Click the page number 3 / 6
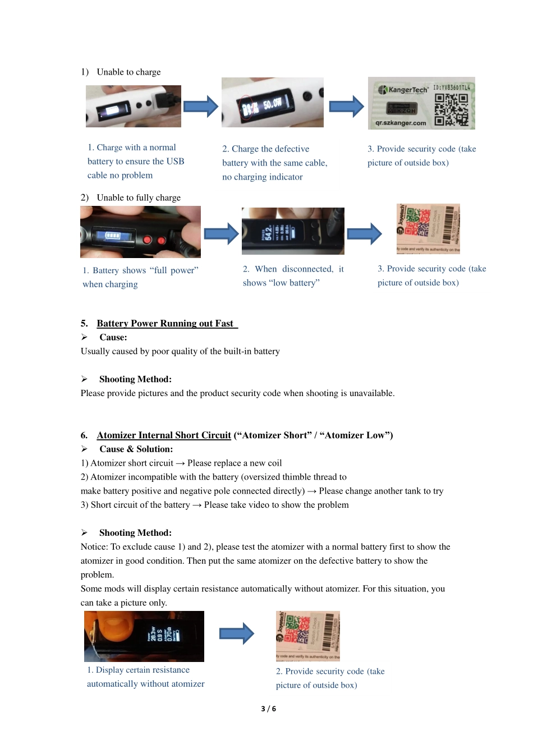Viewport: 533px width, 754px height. pyautogui.click(x=268, y=709)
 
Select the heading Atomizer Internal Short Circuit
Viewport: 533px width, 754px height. pyautogui.click(x=164, y=435)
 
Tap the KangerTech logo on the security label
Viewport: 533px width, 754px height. pyautogui.click(x=403, y=90)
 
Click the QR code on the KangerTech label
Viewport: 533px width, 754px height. pyautogui.click(x=451, y=109)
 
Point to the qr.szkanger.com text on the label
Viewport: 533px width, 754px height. pyautogui.click(x=401, y=123)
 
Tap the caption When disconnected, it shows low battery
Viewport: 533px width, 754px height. pyautogui.click(x=293, y=276)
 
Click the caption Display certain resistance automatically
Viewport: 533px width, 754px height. pyautogui.click(x=145, y=677)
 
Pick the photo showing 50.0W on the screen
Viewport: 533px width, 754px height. pyautogui.click(x=273, y=103)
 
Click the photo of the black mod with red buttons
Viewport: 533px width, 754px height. pyautogui.click(x=140, y=232)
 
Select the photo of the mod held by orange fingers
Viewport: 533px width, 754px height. pyautogui.click(x=144, y=636)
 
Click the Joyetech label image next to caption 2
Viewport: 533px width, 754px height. pyautogui.click(x=308, y=636)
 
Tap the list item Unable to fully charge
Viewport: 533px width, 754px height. pyautogui.click(x=139, y=197)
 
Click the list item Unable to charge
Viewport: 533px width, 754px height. pyautogui.click(x=128, y=72)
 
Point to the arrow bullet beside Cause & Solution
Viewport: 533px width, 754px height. pyautogui.click(x=84, y=449)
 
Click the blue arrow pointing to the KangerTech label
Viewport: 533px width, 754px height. pyautogui.click(x=346, y=106)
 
